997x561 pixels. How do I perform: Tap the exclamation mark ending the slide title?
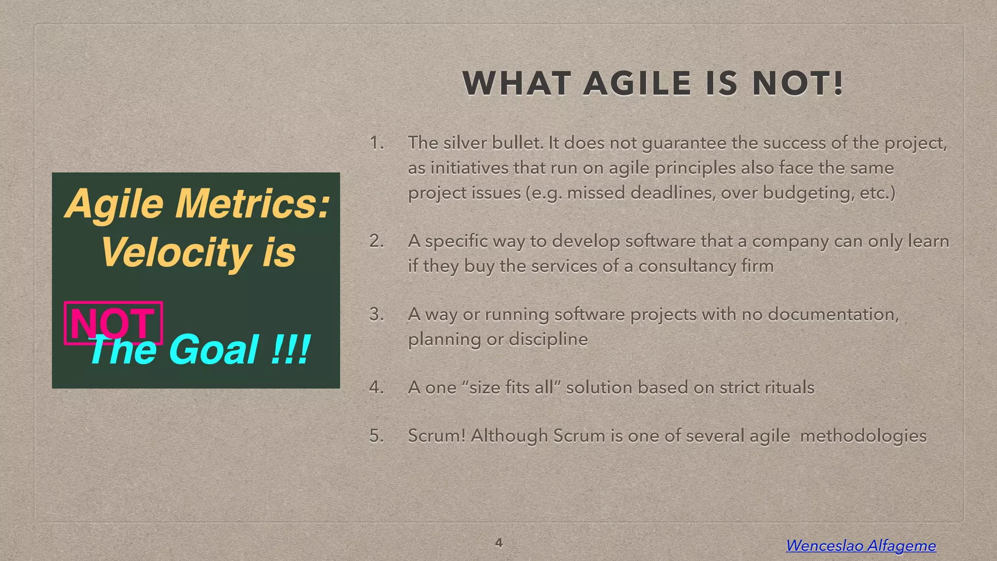[838, 83]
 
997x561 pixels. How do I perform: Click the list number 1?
[376, 143]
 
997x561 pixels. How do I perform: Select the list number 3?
[376, 314]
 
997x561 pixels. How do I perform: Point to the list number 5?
[376, 435]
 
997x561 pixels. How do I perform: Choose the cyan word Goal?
[214, 350]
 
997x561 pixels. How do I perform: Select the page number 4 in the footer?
[498, 542]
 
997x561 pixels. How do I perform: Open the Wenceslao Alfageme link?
[861, 545]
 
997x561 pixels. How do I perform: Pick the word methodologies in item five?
[863, 435]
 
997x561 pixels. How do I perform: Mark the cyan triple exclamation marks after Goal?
[291, 350]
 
